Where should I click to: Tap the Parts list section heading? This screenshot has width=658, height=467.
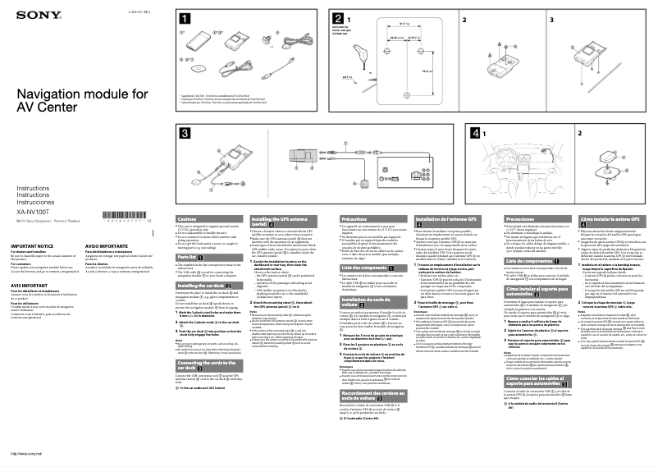point(194,257)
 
